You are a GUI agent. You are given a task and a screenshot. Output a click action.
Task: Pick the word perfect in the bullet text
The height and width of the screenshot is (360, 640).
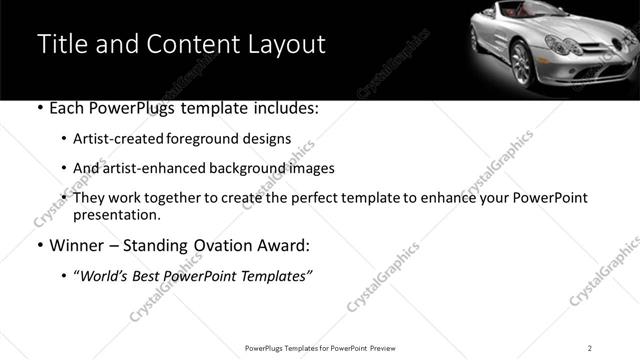point(306,198)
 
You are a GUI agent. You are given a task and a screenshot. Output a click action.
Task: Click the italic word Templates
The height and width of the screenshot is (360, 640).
point(276,274)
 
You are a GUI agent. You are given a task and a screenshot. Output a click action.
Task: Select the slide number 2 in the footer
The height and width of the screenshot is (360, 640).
point(590,347)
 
